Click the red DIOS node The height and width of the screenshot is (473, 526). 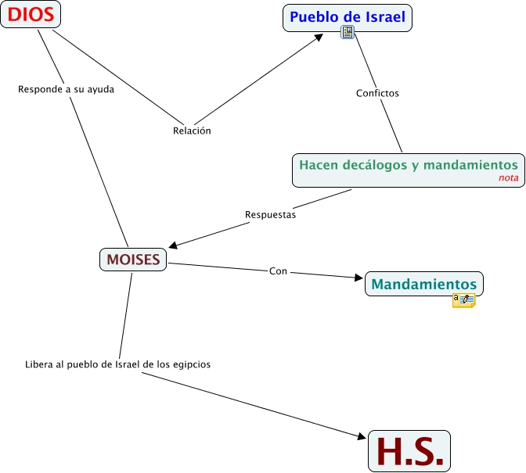tap(31, 14)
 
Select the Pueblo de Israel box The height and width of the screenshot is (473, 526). tap(347, 17)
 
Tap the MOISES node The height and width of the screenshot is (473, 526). tap(133, 260)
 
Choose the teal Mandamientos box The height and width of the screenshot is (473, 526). tap(423, 283)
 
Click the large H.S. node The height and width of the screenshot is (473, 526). tap(409, 451)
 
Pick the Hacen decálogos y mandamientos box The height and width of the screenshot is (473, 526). tap(408, 170)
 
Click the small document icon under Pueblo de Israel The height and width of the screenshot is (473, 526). tap(348, 32)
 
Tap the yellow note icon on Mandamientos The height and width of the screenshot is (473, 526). tap(463, 299)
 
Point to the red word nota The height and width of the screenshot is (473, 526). tap(508, 178)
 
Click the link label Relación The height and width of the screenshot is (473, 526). tap(192, 131)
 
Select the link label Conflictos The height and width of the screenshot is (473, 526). tap(377, 93)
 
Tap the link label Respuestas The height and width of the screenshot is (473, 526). tap(270, 214)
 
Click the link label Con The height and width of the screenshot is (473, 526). tap(278, 271)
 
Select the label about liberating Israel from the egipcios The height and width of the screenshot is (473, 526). tap(117, 364)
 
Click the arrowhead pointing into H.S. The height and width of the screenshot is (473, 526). tap(361, 435)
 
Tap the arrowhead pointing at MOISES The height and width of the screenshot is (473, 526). tap(174, 245)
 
